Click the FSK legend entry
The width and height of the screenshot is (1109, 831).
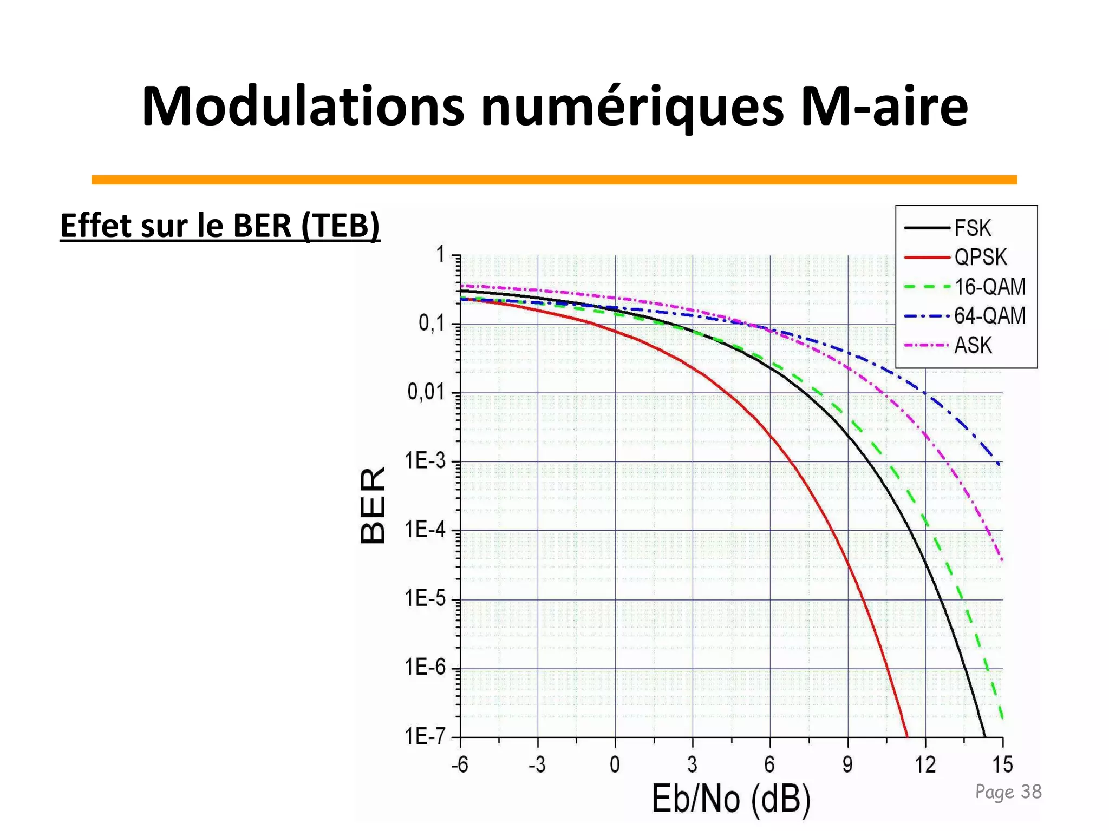[x=972, y=228]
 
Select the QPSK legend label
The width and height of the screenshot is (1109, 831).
[x=980, y=258]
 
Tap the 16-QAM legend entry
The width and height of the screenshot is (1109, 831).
[x=989, y=287]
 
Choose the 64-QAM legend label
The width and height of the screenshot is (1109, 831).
[x=989, y=316]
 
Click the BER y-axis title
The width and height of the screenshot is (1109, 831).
[x=373, y=505]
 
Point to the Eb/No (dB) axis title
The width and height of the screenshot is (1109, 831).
[x=731, y=799]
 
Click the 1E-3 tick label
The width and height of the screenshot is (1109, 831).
[x=425, y=461]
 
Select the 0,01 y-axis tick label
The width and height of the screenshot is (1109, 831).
[x=426, y=392]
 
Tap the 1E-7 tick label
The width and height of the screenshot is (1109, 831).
[x=425, y=737]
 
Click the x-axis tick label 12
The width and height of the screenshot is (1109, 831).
[x=925, y=765]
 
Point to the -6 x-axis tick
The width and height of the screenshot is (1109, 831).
[x=460, y=765]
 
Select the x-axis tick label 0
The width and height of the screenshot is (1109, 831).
[x=615, y=765]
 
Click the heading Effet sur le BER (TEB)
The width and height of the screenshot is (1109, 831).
[x=220, y=226]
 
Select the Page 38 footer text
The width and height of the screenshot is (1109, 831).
[x=1008, y=792]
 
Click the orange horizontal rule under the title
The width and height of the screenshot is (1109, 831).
[x=554, y=180]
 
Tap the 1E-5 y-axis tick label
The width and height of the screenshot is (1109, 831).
[x=425, y=599]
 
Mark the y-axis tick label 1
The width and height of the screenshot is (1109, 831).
[x=441, y=254]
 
